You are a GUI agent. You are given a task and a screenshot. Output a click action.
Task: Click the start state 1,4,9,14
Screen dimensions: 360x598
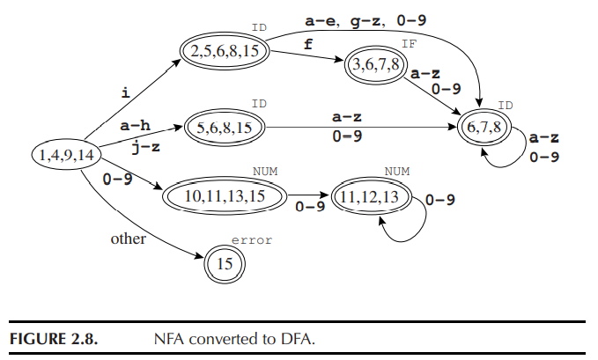67,156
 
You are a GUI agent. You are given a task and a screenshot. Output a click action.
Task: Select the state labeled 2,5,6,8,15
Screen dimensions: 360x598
225,51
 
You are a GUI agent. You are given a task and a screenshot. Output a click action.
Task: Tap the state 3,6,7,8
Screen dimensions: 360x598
377,64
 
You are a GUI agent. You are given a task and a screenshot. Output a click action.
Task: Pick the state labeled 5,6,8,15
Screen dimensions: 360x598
225,128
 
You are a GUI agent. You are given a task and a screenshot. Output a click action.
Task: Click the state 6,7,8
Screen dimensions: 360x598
485,128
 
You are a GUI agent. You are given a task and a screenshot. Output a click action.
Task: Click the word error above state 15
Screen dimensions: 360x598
252,239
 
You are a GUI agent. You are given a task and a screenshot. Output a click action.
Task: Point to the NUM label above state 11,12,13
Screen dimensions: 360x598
397,173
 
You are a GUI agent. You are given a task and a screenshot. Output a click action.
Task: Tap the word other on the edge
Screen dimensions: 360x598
128,239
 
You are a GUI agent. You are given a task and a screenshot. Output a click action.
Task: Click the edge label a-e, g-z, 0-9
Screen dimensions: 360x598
373,18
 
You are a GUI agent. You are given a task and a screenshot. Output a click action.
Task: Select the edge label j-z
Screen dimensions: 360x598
145,147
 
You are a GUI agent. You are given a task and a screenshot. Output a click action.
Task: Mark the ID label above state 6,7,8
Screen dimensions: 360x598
506,106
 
